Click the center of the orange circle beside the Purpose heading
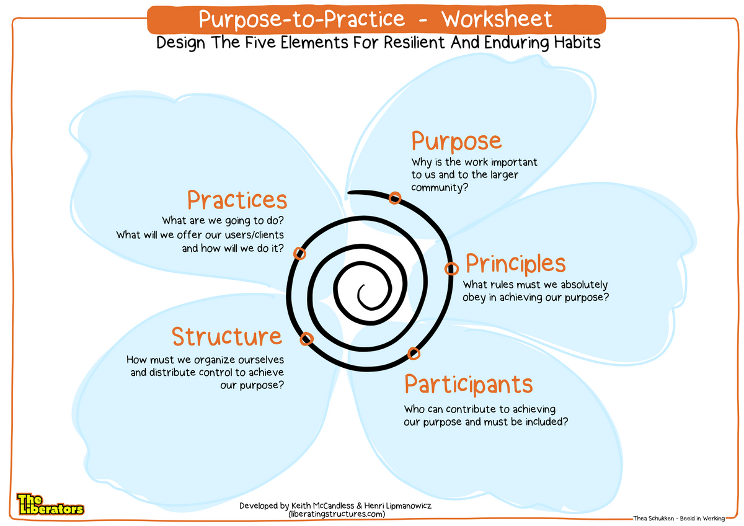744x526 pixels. point(394,198)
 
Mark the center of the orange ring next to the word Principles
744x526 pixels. point(451,268)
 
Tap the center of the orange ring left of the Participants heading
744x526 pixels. point(414,354)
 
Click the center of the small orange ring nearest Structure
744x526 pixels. point(306,339)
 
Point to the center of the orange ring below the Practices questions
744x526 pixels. point(299,254)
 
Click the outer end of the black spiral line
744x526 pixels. point(348,193)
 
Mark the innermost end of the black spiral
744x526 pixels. point(364,285)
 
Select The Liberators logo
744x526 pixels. point(50,504)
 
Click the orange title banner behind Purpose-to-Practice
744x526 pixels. point(376,19)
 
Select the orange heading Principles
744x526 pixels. point(515,264)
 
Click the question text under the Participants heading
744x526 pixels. point(486,416)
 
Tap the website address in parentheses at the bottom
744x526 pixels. point(337,514)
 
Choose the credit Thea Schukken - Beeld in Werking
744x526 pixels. point(679,519)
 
